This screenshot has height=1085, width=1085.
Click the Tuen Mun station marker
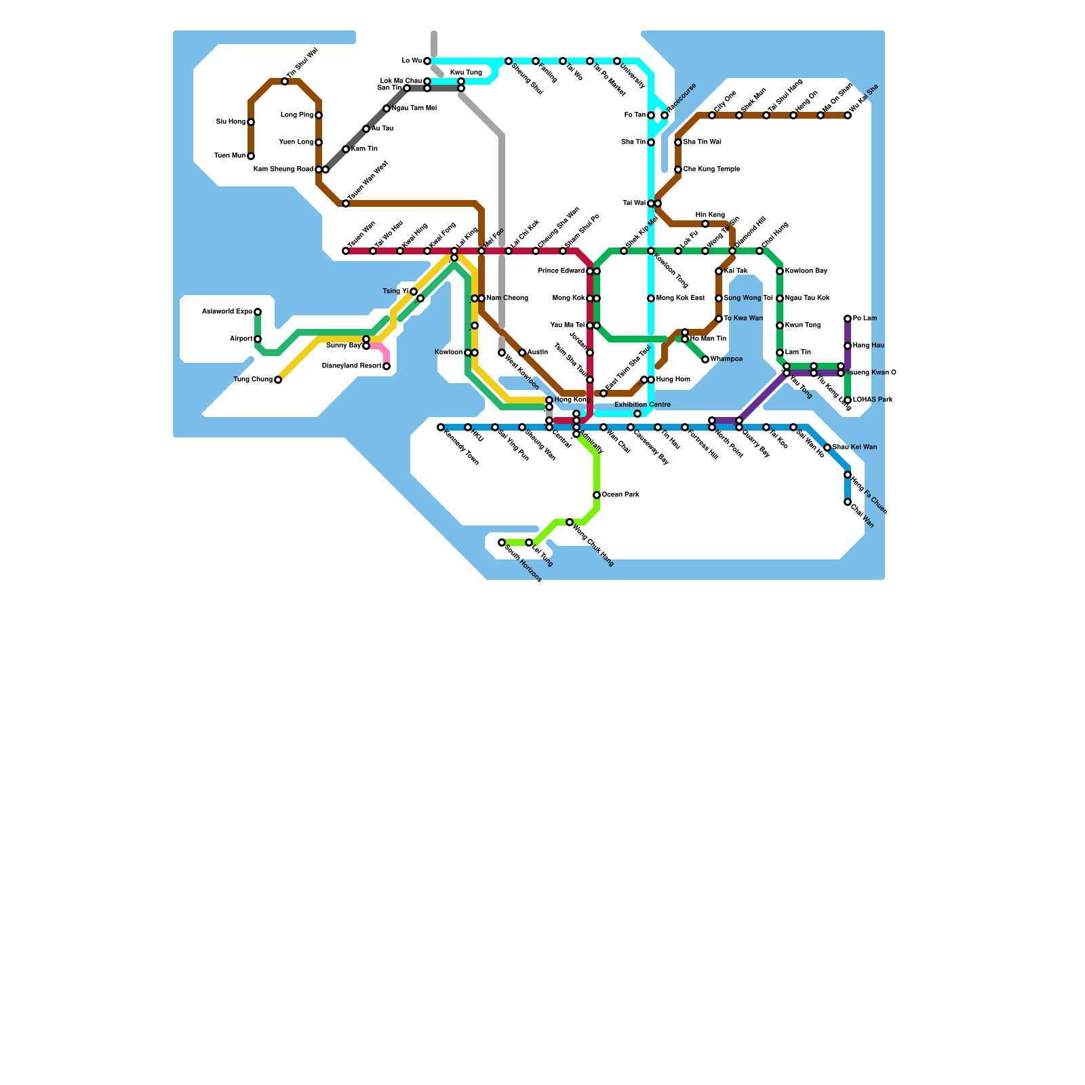[x=251, y=156]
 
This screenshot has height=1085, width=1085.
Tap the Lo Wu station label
[x=412, y=61]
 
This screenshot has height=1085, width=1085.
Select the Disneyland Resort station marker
[x=387, y=366]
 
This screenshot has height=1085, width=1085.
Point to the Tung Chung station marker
[x=278, y=380]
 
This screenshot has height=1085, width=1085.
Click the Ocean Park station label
[x=620, y=495]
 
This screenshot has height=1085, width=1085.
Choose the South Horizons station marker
[x=502, y=542]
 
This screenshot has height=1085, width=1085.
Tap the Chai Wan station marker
[x=848, y=502]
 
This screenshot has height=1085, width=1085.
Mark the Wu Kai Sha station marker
[x=848, y=115]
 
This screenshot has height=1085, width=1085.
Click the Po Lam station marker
[x=848, y=319]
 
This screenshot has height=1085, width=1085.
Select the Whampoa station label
[x=726, y=359]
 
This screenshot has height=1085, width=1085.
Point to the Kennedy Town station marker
[x=441, y=427]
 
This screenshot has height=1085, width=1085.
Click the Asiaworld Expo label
[x=227, y=312]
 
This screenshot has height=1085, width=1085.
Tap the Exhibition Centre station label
[x=642, y=405]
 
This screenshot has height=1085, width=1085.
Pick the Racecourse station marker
[x=665, y=115]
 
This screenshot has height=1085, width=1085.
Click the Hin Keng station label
[x=710, y=215]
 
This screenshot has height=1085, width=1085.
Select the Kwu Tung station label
[x=466, y=73]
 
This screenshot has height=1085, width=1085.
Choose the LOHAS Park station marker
[x=848, y=400]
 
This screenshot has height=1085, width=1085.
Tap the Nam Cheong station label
[x=507, y=298]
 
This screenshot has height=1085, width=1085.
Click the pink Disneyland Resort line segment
[x=382, y=350]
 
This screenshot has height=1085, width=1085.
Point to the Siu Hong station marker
[x=251, y=122]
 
